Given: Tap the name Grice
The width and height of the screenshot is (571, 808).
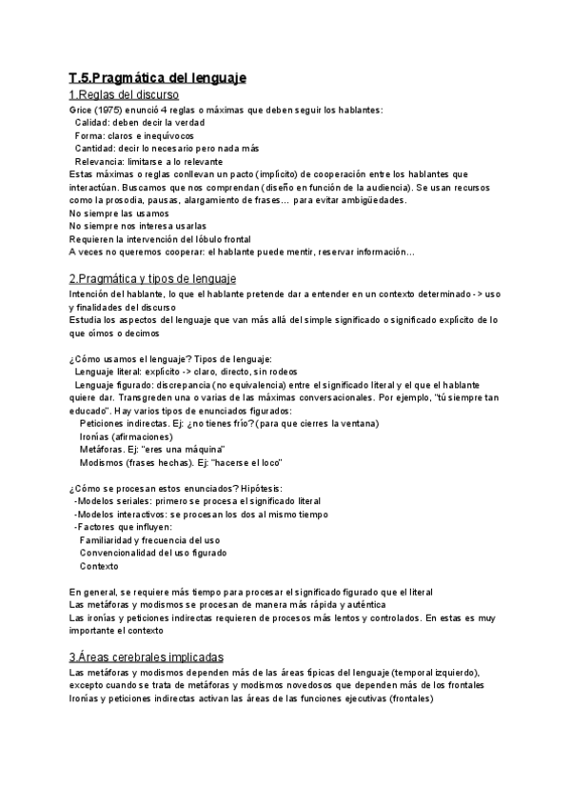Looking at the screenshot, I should coord(82,111).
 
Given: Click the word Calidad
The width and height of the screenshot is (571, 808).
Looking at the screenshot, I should coord(92,123).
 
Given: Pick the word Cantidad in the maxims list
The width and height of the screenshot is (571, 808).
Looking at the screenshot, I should coord(95,149).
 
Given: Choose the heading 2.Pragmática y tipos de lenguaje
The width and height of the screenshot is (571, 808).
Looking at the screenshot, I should coord(153,278).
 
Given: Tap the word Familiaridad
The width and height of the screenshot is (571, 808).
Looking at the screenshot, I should coord(113,540).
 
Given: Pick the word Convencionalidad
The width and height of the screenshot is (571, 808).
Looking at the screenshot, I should coord(122,553).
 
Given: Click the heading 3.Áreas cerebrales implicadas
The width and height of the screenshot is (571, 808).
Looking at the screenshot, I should coord(147,656).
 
